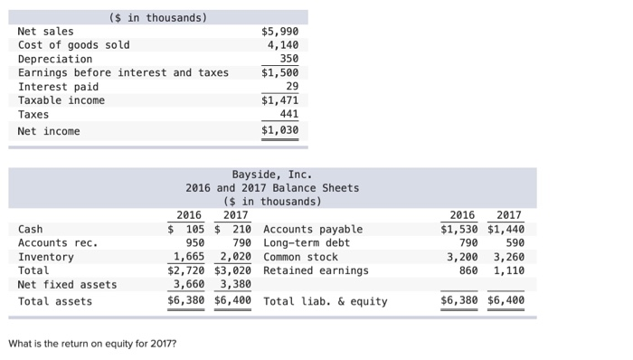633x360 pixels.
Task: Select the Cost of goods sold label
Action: (73, 45)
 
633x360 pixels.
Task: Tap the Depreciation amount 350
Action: (288, 59)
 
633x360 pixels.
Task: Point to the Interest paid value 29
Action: (291, 87)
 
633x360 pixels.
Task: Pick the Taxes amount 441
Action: (288, 115)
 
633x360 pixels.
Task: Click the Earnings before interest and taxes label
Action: (123, 72)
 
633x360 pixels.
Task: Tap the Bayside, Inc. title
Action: (271, 174)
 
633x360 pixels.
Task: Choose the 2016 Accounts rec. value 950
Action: (194, 243)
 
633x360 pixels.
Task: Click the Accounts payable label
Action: (312, 229)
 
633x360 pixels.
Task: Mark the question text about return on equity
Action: (92, 344)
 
